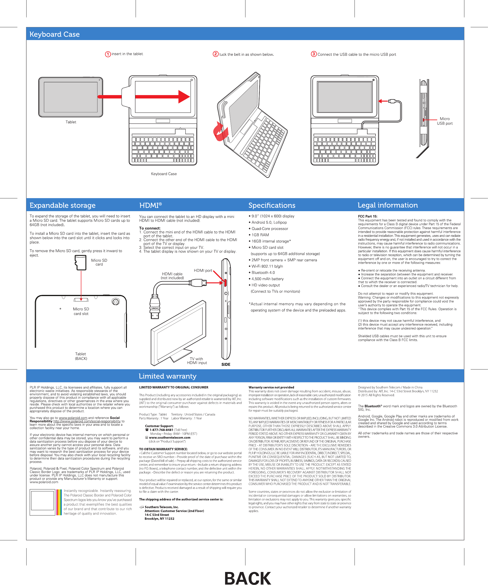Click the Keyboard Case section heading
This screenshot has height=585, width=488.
tap(55, 34)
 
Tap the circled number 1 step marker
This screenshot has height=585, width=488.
tap(108, 54)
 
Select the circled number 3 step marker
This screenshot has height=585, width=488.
tap(314, 54)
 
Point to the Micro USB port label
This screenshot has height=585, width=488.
tap(445, 121)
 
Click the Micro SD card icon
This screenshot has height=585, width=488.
tap(81, 263)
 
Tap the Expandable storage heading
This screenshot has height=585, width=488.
tap(63, 205)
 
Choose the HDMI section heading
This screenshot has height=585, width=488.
tap(150, 205)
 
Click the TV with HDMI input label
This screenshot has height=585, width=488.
tap(197, 361)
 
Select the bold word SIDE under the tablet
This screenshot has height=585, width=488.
tap(226, 364)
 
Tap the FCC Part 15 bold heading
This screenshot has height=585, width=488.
tap(368, 216)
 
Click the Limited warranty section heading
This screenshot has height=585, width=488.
tap(167, 376)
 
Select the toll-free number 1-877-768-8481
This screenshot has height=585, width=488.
tap(161, 430)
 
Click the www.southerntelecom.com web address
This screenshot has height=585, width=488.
tap(170, 438)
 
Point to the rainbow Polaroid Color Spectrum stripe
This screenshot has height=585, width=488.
tap(59, 502)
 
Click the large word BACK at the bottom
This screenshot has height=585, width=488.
tap(248, 577)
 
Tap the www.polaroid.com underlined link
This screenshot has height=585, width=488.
tap(73, 418)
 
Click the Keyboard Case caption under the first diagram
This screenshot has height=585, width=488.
tap(164, 174)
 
